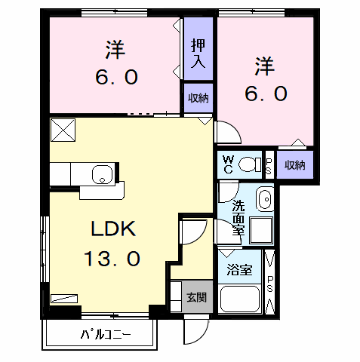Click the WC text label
click(x=229, y=164)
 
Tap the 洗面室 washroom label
click(x=238, y=219)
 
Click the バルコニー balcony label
click(x=105, y=334)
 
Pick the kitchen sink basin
click(x=101, y=176)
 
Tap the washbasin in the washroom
click(x=264, y=200)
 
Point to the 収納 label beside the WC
click(x=294, y=164)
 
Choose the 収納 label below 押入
click(x=198, y=98)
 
